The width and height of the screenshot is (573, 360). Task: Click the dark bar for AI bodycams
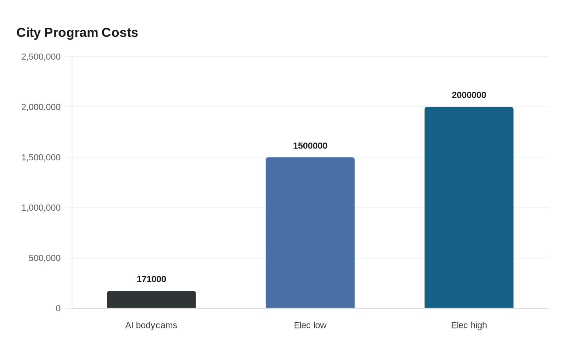point(151,300)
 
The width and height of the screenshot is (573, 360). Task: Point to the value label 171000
point(151,279)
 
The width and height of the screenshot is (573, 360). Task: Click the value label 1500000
point(310,146)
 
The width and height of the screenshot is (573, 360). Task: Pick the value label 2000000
point(469,95)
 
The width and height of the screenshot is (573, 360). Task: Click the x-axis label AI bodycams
point(151,325)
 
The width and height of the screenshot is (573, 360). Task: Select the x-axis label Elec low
point(310,325)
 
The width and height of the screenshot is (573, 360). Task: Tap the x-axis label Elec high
point(469,325)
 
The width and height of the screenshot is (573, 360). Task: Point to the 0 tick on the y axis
point(58,308)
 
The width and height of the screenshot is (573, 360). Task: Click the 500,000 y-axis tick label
point(45,258)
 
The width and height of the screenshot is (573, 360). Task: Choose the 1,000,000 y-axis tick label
point(41,208)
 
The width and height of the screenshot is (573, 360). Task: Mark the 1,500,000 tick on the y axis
point(41,157)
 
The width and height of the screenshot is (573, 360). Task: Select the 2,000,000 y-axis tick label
point(41,107)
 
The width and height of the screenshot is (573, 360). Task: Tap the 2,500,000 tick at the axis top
point(41,56)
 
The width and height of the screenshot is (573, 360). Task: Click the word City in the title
point(29,33)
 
